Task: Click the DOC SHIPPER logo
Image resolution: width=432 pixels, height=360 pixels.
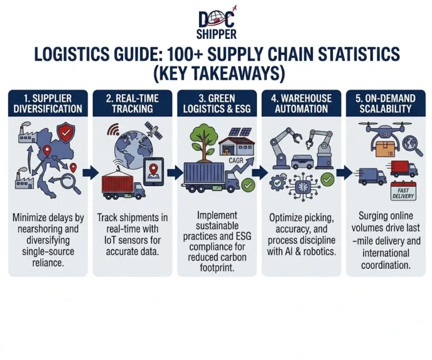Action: tap(217, 22)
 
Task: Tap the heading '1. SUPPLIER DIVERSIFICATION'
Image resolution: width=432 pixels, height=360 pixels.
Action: tap(48, 103)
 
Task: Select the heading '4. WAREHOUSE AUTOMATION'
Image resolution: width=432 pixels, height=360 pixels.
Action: tap(301, 103)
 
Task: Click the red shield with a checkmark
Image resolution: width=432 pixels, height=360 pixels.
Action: tap(66, 133)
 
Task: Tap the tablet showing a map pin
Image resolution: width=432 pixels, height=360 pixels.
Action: tap(154, 171)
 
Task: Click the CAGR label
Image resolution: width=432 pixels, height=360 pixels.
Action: tap(236, 160)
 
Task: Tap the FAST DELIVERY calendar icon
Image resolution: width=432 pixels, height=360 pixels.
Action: tap(403, 191)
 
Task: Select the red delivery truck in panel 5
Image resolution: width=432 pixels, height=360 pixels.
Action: tap(403, 169)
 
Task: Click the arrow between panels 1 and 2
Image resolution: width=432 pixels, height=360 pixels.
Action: tap(91, 173)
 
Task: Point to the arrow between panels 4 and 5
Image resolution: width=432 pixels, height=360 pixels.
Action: tap(344, 173)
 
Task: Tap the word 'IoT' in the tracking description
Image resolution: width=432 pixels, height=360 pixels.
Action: tap(110, 240)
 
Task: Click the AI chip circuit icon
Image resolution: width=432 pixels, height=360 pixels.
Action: tap(303, 187)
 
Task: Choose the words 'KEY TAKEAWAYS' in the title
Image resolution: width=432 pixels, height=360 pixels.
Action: tap(218, 73)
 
